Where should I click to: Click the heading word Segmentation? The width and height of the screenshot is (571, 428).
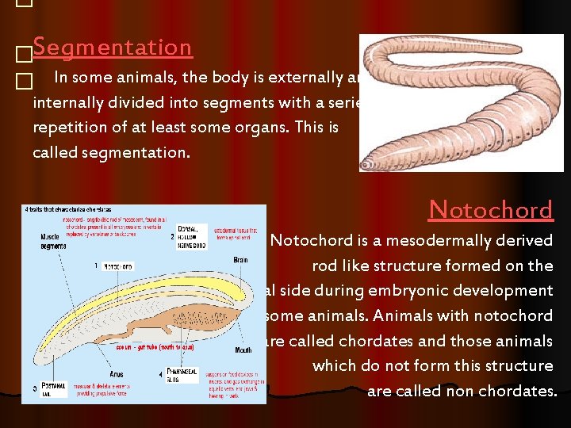point(113,48)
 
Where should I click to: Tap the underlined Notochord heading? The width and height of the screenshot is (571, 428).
point(490,209)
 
